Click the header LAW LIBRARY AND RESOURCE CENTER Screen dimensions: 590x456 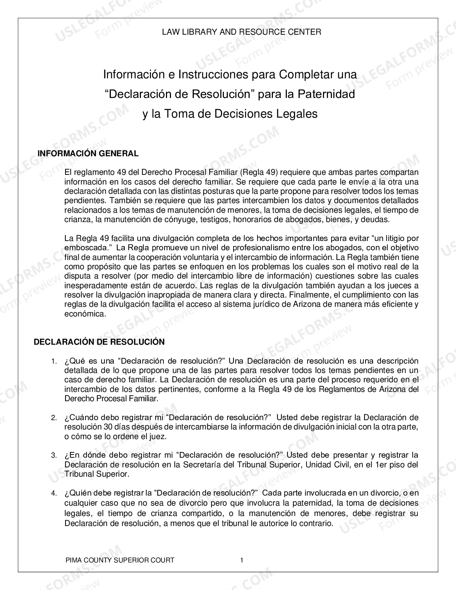(x=241, y=32)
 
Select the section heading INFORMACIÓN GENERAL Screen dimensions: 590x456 (x=88, y=153)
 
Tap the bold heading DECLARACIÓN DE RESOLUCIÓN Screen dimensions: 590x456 (x=99, y=342)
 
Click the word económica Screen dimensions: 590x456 (x=85, y=314)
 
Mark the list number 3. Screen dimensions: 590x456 (x=54, y=456)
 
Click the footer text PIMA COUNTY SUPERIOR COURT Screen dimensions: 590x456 (x=120, y=560)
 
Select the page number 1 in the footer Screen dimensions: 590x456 (x=242, y=560)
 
